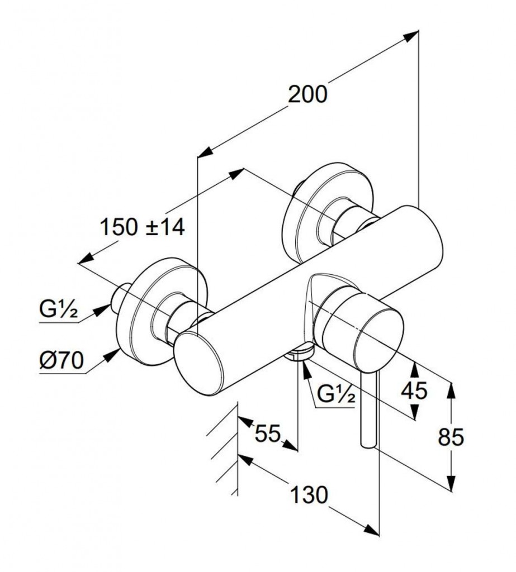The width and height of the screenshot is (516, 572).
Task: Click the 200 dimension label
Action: coord(307,94)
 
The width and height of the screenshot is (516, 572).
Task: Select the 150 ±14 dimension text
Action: coord(142,227)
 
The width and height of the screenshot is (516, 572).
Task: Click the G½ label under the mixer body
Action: coord(336,395)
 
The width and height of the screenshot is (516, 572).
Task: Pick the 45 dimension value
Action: coord(414,390)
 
